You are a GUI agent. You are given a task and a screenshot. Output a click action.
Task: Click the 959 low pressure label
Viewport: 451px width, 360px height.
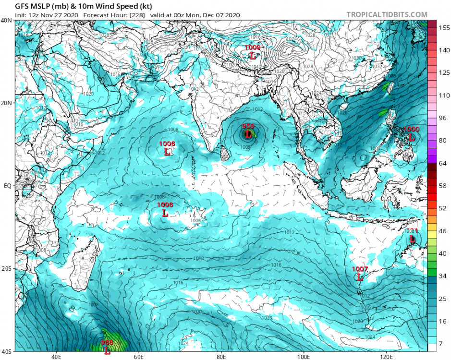click(248, 127)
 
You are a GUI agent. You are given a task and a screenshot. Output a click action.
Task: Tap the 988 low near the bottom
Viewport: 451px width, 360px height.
click(107, 343)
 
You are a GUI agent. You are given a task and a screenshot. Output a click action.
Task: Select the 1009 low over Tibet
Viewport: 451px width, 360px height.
click(253, 48)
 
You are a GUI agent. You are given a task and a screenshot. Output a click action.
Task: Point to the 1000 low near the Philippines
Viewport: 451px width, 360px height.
click(411, 130)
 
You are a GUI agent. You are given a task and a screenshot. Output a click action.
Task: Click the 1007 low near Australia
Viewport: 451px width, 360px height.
click(360, 269)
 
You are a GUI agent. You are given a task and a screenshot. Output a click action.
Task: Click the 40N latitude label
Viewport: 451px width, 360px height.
click(7, 21)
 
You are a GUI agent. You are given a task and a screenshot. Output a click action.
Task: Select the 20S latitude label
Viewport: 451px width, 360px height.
click(7, 269)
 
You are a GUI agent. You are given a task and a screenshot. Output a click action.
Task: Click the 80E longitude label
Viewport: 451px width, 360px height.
click(221, 357)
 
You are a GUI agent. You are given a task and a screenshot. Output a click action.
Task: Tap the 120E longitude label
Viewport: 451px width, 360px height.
click(386, 357)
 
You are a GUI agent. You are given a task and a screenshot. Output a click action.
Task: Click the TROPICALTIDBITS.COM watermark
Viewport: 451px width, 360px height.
click(387, 15)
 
